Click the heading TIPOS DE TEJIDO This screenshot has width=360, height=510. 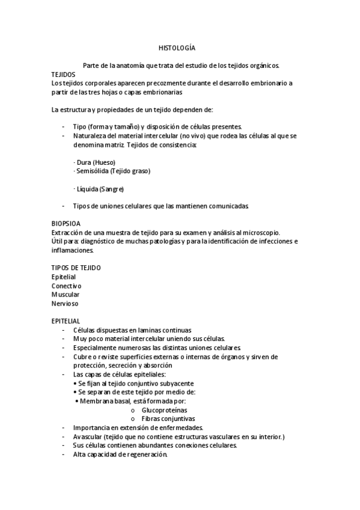76,268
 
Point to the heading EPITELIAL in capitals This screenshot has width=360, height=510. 66,322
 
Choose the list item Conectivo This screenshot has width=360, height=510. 67,286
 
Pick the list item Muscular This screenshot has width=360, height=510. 66,295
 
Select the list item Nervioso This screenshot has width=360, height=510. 65,304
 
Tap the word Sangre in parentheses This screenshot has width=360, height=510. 112,189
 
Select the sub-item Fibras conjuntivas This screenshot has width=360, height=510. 168,419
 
